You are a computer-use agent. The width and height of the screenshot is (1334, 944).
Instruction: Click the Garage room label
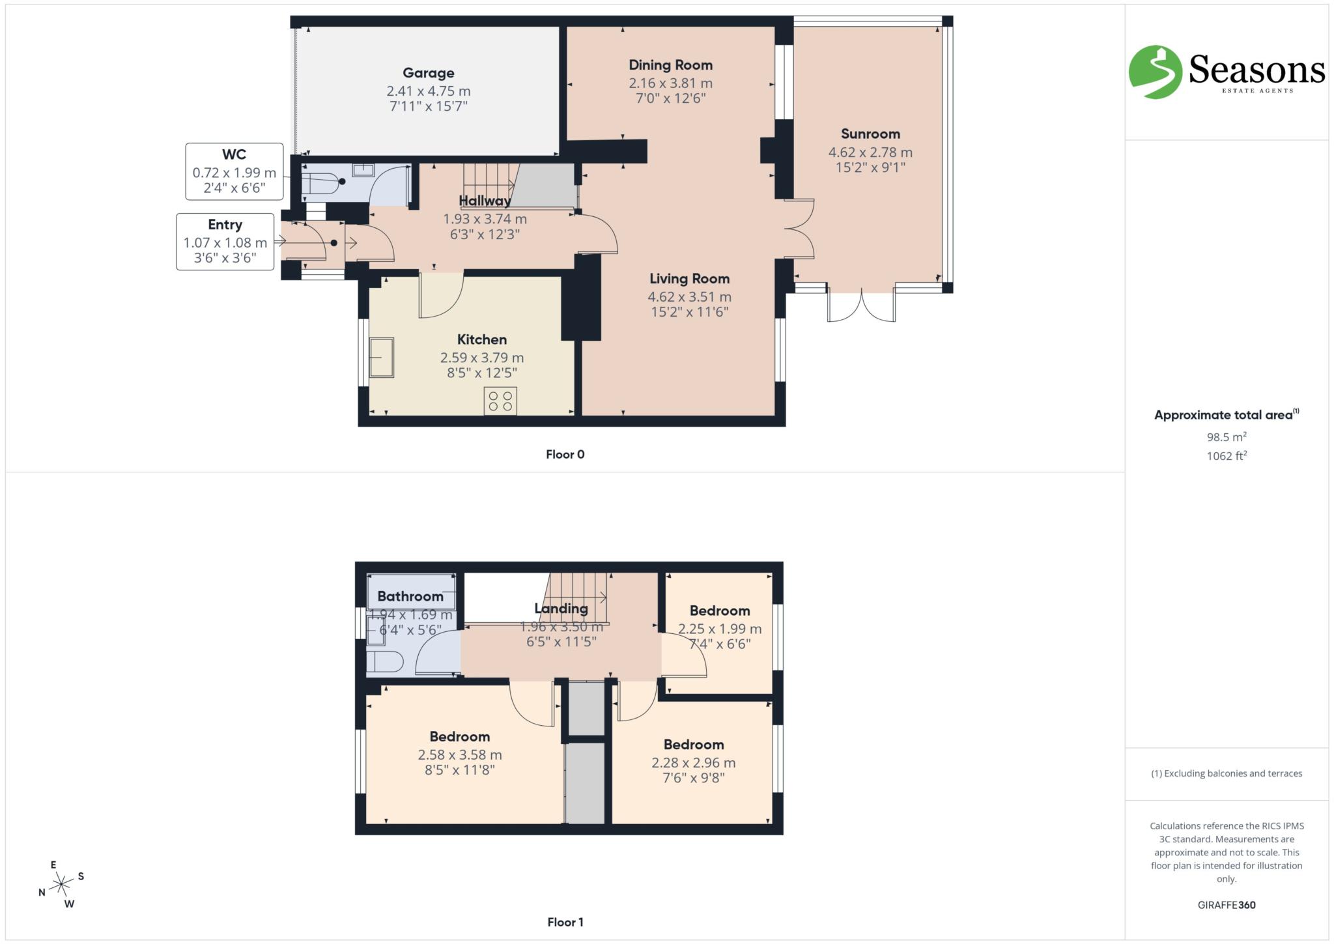(428, 73)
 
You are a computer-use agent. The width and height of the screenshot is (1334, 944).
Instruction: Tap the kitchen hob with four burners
(500, 401)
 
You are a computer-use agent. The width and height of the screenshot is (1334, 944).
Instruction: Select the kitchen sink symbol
(382, 357)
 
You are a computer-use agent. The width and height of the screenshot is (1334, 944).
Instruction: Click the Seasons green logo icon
(1155, 72)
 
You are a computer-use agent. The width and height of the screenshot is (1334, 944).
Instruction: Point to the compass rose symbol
(62, 884)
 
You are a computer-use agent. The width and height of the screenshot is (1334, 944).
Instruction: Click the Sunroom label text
(870, 134)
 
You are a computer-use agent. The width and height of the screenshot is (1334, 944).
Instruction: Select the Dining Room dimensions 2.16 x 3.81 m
(670, 83)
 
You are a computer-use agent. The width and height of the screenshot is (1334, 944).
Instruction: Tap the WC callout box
(234, 172)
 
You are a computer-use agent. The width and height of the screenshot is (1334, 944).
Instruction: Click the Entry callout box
(225, 242)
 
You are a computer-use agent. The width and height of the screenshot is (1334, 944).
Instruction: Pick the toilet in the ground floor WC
(321, 184)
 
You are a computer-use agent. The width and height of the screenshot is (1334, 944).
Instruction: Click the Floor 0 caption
(565, 455)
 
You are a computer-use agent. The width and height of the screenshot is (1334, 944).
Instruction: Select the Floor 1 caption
(565, 922)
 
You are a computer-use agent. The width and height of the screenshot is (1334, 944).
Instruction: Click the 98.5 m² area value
(1226, 437)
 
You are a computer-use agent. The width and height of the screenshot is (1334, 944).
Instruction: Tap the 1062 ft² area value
(1226, 456)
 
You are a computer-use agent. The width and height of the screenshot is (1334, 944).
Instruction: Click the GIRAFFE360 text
(1226, 905)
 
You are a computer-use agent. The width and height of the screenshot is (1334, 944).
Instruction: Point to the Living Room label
(689, 279)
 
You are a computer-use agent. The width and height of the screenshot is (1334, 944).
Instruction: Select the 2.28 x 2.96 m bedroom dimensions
(693, 762)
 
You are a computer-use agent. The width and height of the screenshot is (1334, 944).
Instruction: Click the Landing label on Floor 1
(561, 608)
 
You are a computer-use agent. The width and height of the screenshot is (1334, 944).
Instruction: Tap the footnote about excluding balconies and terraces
(1226, 773)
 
